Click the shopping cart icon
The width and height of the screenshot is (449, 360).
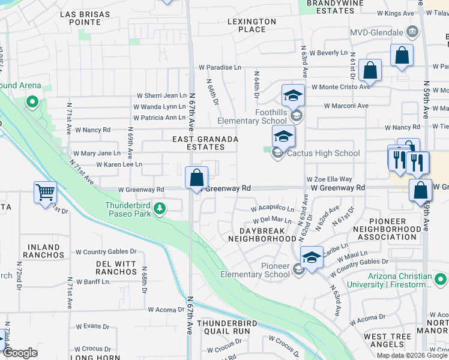tap(45, 193)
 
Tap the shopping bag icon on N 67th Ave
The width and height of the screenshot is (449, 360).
tap(196, 178)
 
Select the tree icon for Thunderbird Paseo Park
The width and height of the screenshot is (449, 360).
tap(160, 208)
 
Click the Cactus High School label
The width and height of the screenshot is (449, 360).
tap(323, 153)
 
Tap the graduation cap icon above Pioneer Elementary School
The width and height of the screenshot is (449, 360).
tap(312, 257)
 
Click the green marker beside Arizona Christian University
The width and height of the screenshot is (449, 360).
tap(441, 280)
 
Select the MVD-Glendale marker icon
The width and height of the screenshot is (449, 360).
tap(412, 31)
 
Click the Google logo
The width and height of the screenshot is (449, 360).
tap(20, 353)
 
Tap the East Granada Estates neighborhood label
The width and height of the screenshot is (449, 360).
tap(205, 143)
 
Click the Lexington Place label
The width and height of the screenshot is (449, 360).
tap(252, 25)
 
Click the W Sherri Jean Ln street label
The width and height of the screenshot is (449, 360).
tap(162, 95)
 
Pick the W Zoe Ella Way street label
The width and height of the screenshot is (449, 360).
tap(329, 179)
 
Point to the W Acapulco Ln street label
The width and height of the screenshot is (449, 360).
tap(273, 209)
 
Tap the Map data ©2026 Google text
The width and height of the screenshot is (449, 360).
tap(411, 355)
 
